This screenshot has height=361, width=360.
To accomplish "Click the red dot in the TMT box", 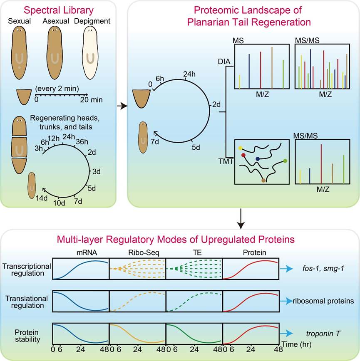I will pos(243,156).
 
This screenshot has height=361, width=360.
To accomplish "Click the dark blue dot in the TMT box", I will pos(258,158).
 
